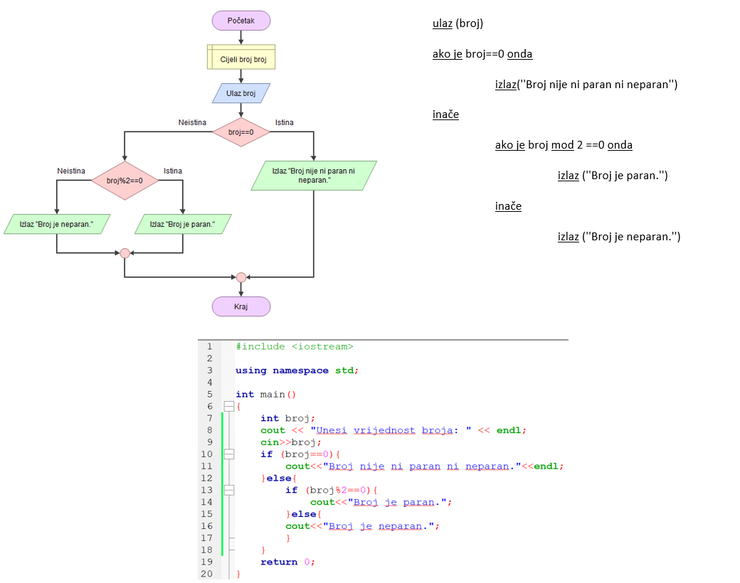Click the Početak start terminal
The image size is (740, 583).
pos(241,21)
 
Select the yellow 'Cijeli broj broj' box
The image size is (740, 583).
pos(241,59)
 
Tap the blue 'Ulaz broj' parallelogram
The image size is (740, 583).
pos(241,93)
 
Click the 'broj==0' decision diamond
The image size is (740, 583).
pos(241,132)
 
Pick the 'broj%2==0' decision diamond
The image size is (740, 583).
pos(125,181)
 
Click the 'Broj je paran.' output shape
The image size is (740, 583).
pos(183,224)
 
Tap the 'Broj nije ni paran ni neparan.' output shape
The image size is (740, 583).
pos(314,176)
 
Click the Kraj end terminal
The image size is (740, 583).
pos(241,306)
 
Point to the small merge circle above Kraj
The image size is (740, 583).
pos(241,277)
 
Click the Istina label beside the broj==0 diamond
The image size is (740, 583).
pos(285,122)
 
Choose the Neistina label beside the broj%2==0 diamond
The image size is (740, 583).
pos(71,171)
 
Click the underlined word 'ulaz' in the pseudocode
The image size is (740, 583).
pos(443,23)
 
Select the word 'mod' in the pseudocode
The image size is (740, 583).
pos(562,145)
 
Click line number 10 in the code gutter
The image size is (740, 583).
pos(206,454)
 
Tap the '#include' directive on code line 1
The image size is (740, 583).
pos(260,346)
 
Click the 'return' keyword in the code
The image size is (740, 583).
pos(279,562)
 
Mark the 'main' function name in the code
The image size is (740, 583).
pos(272,395)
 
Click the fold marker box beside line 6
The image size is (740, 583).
pos(228,406)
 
